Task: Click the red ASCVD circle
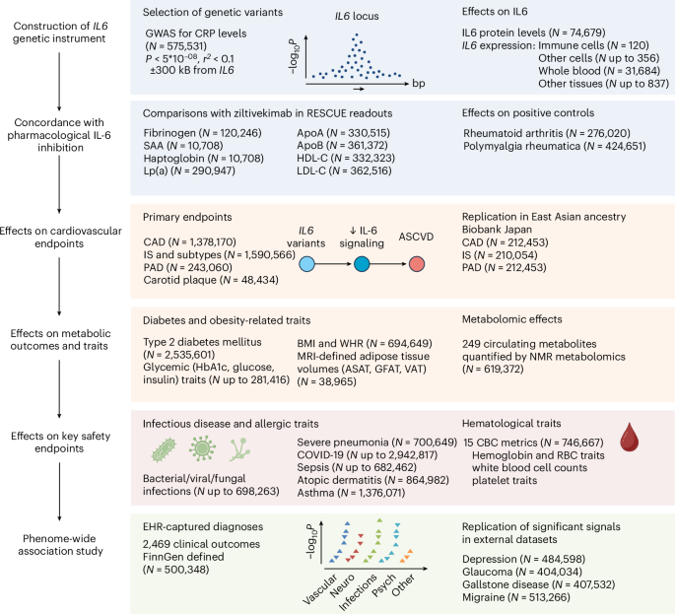(x=418, y=265)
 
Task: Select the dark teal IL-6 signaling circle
(x=362, y=265)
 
